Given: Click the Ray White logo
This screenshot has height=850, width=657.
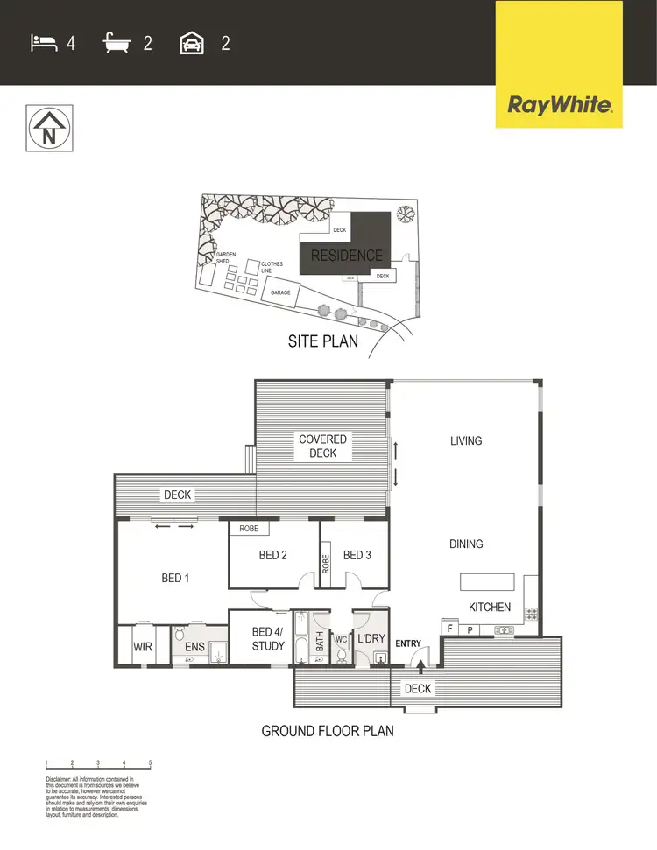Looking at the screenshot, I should (x=559, y=107).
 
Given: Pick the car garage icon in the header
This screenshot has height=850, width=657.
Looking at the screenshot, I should (x=192, y=42).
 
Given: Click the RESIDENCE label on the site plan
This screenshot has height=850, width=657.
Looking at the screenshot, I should (x=347, y=256).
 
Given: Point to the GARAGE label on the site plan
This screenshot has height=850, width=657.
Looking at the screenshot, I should (x=280, y=292).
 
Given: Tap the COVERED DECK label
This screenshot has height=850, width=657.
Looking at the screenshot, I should (x=322, y=446).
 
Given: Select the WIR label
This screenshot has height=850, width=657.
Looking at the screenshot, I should (x=144, y=647).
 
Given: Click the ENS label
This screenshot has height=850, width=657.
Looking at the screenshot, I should (x=195, y=647).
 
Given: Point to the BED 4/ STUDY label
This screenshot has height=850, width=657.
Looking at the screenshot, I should (x=268, y=639).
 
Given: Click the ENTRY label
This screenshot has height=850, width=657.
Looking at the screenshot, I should (x=408, y=643).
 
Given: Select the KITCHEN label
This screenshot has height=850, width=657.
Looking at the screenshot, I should (x=490, y=607).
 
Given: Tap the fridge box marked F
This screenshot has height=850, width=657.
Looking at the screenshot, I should (x=449, y=629).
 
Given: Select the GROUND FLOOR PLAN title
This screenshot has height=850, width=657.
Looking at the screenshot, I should (x=328, y=730).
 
